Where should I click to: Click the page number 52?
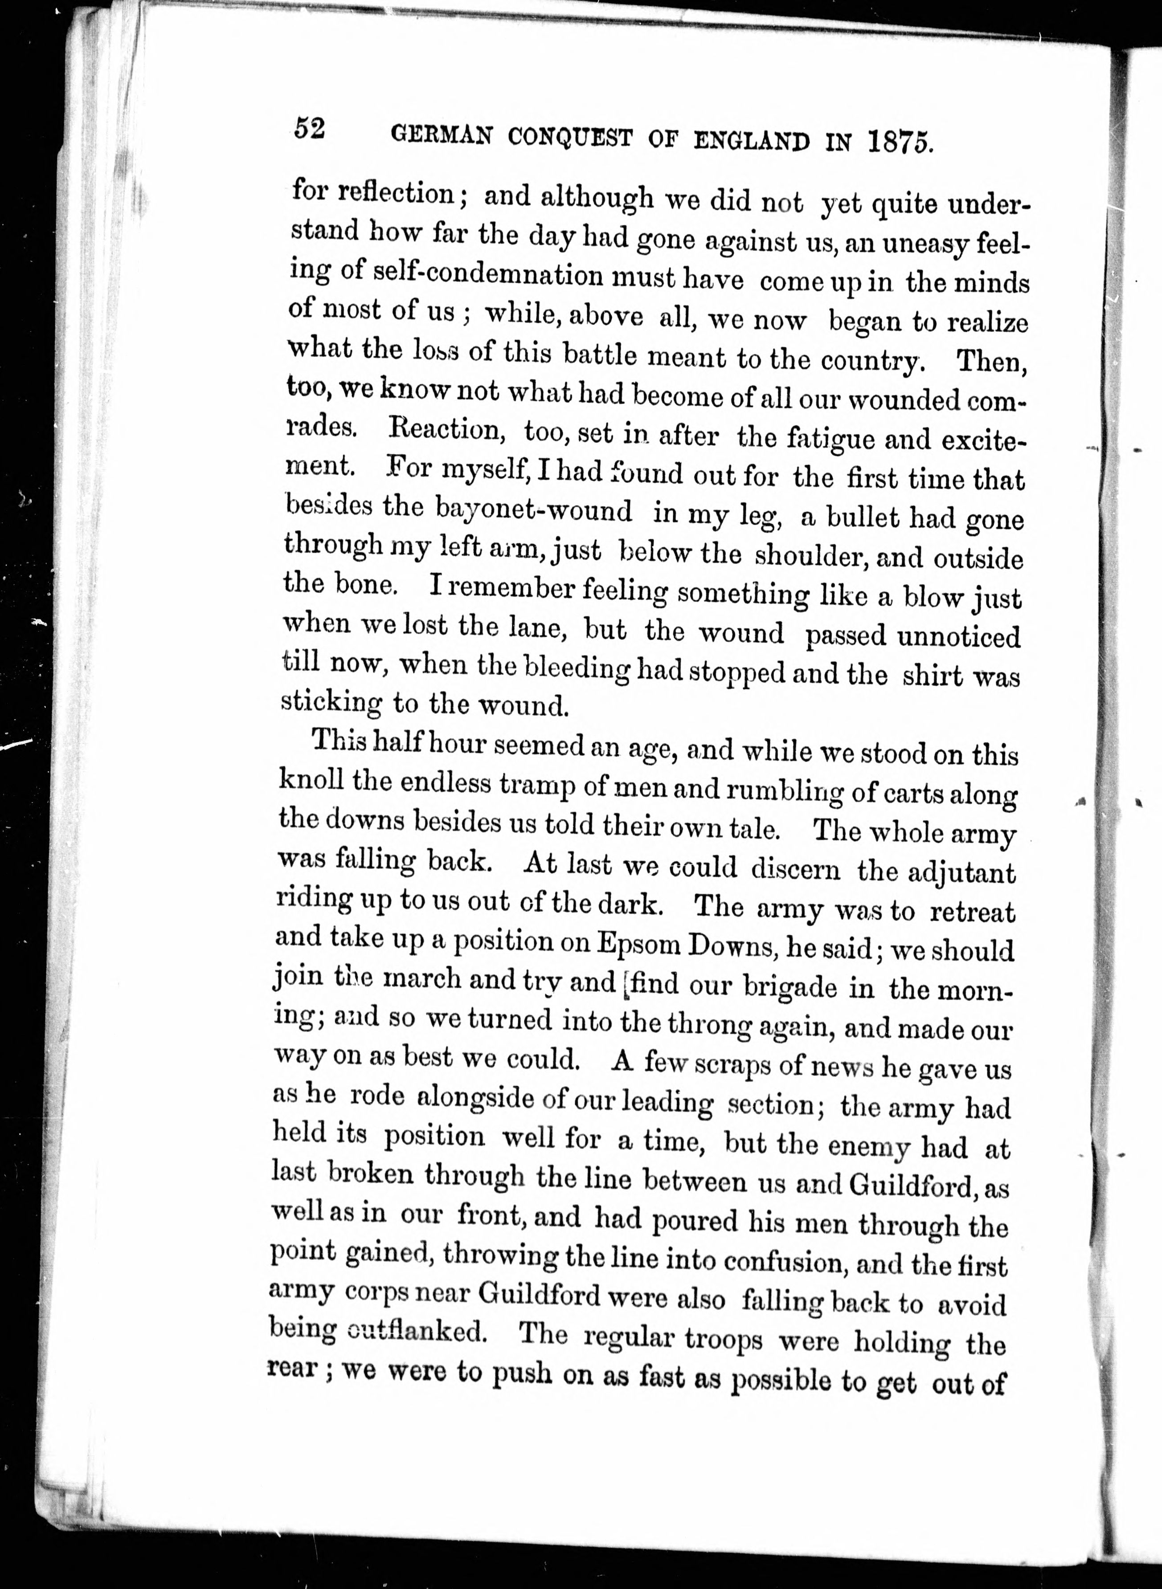310,130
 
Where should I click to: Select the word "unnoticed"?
958,636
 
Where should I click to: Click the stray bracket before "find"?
624,984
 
